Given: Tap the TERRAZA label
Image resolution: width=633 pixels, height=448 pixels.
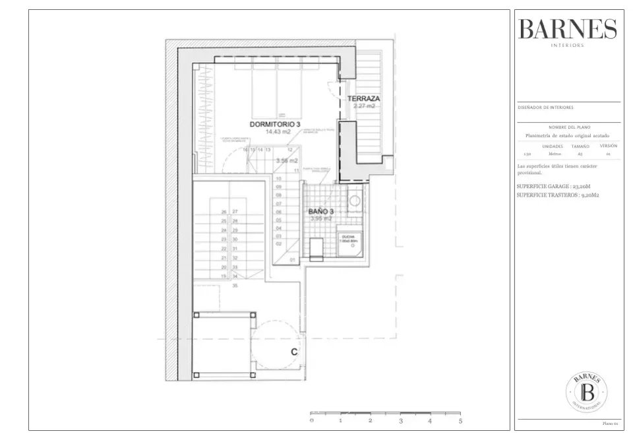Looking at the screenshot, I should [x=364, y=98].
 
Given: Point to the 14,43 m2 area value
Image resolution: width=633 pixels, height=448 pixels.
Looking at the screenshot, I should [x=278, y=132].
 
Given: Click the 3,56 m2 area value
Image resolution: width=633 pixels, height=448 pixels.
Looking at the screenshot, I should [x=286, y=160].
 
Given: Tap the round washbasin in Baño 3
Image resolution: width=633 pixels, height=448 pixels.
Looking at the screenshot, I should [x=355, y=201].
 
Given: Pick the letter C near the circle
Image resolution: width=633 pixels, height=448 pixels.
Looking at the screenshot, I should [x=294, y=352].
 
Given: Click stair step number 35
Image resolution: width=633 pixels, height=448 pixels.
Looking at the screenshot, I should [x=234, y=286].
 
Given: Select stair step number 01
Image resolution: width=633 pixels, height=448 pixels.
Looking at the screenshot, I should [x=293, y=260].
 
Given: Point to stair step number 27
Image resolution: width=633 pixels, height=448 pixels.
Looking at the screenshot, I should [x=235, y=212].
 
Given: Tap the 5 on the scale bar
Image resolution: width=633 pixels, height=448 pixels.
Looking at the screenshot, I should [x=460, y=420].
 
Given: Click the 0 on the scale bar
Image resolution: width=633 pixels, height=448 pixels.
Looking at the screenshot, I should [x=311, y=420].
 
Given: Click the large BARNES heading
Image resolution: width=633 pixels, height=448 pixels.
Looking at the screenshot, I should [x=567, y=30].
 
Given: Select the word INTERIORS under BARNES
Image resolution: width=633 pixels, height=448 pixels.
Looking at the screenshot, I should [x=567, y=46].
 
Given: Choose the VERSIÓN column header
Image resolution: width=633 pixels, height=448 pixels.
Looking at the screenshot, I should [x=608, y=146].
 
